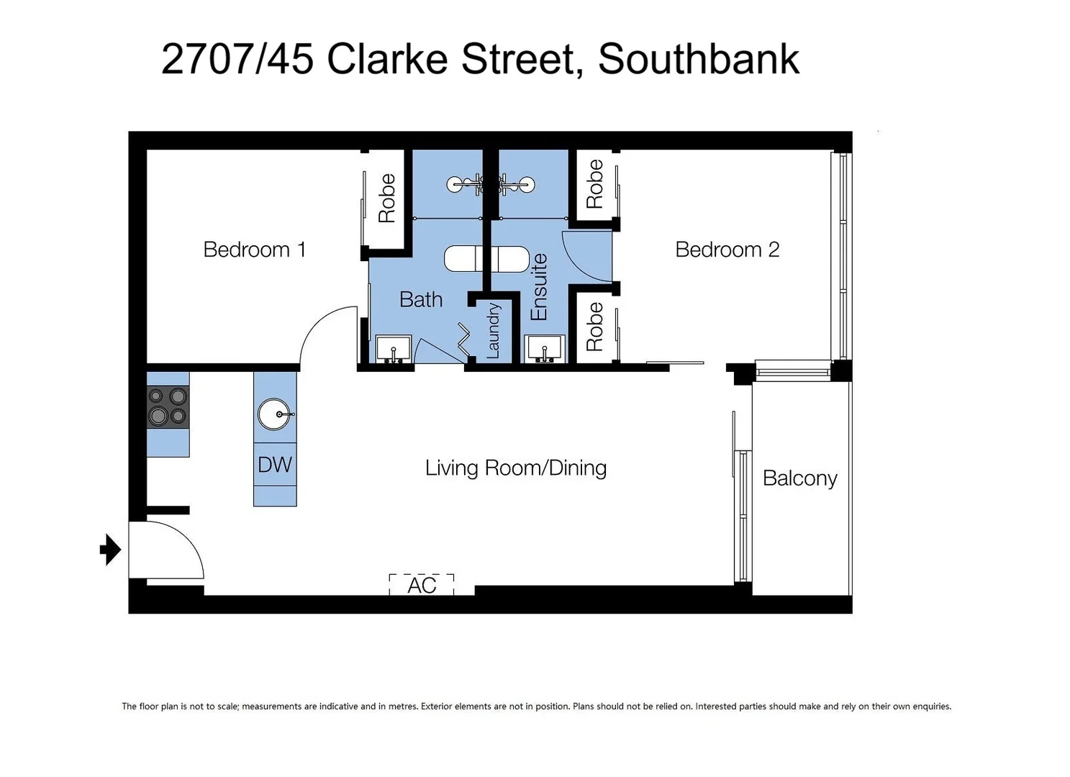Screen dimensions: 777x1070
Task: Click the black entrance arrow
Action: point(110,550)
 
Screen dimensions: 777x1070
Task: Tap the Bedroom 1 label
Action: point(254,250)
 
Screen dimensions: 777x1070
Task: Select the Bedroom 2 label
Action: point(727,250)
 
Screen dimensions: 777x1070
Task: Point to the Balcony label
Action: point(799,478)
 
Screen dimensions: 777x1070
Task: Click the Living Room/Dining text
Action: point(515,468)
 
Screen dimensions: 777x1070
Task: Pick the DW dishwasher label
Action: point(275,465)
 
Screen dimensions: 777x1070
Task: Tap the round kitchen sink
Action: point(274,414)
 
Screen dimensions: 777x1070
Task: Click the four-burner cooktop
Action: point(168,406)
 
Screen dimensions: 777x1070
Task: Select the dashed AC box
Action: point(422,584)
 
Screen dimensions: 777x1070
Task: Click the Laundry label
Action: point(493,330)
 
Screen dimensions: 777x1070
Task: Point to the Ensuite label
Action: point(539,287)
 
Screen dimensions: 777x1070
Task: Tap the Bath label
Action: point(421,299)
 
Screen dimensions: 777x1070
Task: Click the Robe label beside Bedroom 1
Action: point(387,198)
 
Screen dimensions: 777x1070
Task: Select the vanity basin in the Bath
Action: point(394,349)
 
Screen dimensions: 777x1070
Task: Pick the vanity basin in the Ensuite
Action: point(545,349)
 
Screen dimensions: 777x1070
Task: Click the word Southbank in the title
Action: point(698,59)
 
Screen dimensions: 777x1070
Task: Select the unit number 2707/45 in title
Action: point(237,59)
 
